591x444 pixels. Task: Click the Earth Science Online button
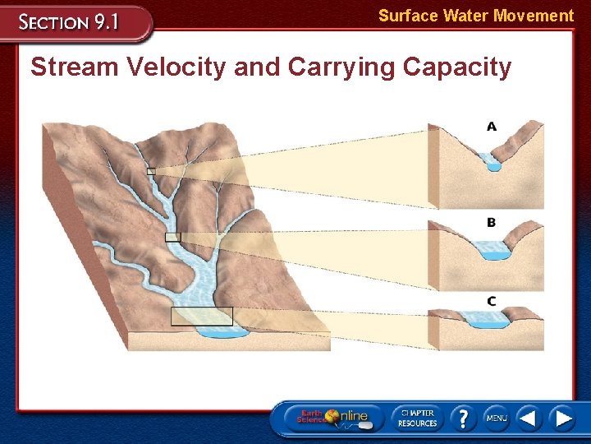[332, 418]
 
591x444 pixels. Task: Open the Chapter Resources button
[417, 418]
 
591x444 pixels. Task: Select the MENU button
[496, 418]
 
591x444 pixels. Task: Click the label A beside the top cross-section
[492, 127]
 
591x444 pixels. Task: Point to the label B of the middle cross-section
[491, 223]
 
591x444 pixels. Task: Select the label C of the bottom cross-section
[491, 301]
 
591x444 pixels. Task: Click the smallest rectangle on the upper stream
[151, 171]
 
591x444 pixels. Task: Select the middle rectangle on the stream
[172, 237]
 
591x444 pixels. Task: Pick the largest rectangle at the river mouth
[201, 316]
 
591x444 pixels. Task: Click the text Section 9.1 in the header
[70, 22]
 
